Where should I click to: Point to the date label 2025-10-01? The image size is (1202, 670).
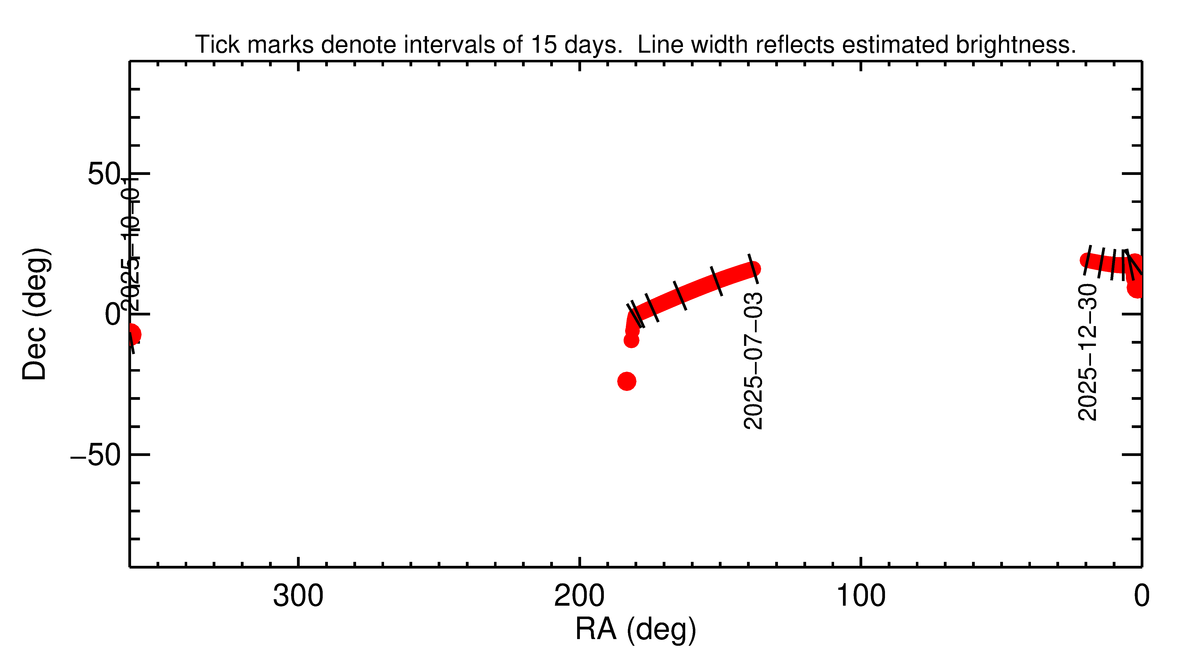pyautogui.click(x=130, y=245)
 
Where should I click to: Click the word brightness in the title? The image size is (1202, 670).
pyautogui.click(x=1015, y=45)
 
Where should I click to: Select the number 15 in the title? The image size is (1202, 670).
pyautogui.click(x=544, y=45)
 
